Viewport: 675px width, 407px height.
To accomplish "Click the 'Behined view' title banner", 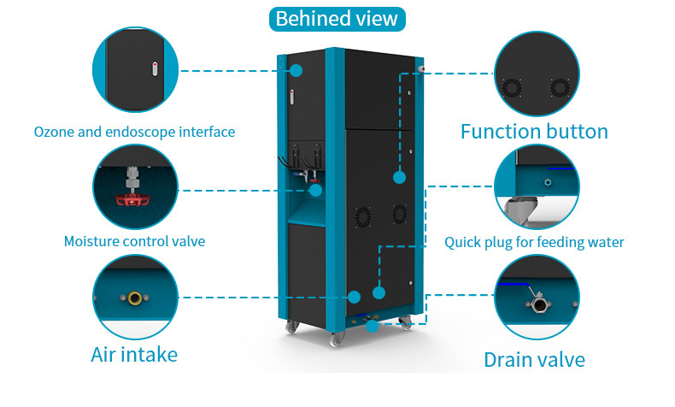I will [x=337, y=18].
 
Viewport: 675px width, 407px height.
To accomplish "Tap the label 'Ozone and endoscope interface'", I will [x=134, y=132].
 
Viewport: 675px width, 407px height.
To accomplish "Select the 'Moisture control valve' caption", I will [x=134, y=241].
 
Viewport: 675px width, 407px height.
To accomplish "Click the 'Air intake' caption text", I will [x=134, y=353].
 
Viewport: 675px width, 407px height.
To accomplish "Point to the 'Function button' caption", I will [x=534, y=131].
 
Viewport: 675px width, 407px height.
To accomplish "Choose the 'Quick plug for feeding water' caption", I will [x=534, y=242].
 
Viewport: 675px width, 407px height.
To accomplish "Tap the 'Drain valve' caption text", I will [x=534, y=359].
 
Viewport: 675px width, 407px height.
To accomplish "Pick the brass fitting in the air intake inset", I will [x=135, y=298].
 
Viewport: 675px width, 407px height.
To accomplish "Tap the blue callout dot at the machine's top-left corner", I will [x=297, y=70].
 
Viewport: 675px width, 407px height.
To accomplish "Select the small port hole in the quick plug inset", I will [x=547, y=182].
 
